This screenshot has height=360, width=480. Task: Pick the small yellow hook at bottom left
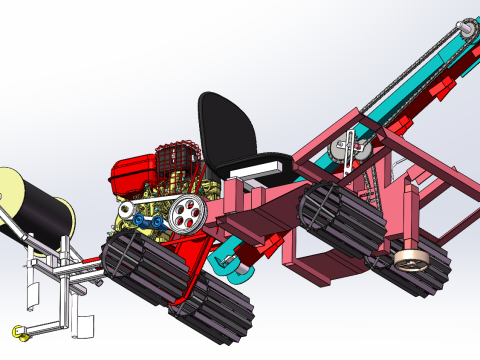(17, 332)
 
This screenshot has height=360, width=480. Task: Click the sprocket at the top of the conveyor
(466, 30)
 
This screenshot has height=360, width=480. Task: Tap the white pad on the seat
(269, 165)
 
